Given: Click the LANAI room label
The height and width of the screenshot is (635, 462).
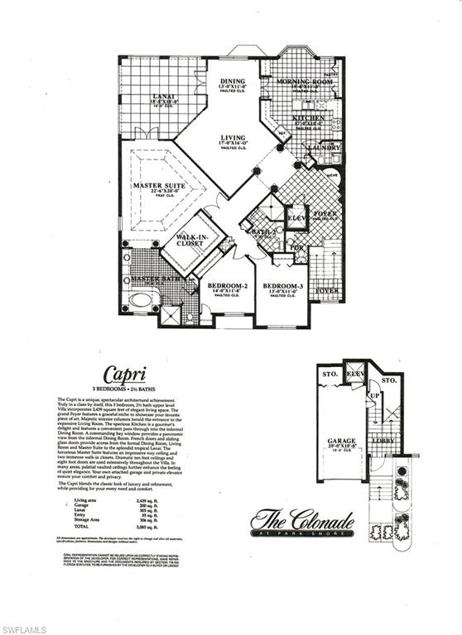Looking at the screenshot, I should tap(163, 98).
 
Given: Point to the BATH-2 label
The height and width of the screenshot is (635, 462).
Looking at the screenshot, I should tap(264, 232).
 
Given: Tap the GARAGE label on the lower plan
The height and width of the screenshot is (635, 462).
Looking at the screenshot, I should tap(341, 442).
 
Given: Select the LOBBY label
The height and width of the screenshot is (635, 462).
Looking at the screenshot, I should tap(383, 441).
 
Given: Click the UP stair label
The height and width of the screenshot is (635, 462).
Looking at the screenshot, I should tap(373, 397).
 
